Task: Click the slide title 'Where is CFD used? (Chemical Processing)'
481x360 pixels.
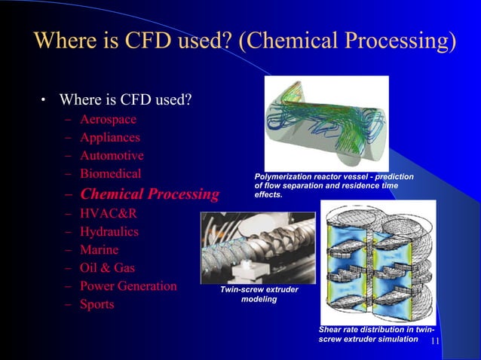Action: pos(246,40)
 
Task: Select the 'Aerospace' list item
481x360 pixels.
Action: pos(109,119)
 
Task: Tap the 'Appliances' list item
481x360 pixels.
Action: pos(109,138)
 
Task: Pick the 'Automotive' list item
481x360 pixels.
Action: pos(112,156)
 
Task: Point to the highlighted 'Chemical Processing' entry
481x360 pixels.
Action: pos(149,194)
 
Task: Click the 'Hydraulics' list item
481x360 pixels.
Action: pos(109,231)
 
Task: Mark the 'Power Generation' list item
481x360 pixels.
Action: pos(128,286)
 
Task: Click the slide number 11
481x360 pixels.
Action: pos(435,341)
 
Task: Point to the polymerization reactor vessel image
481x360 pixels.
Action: pos(326,122)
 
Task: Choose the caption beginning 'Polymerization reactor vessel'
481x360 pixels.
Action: pos(334,185)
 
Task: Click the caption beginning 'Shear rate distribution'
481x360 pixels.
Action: pos(375,334)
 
